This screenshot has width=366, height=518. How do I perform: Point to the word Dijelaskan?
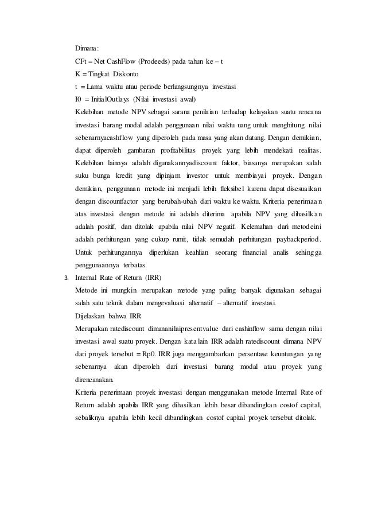pyautogui.click(x=93, y=316)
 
